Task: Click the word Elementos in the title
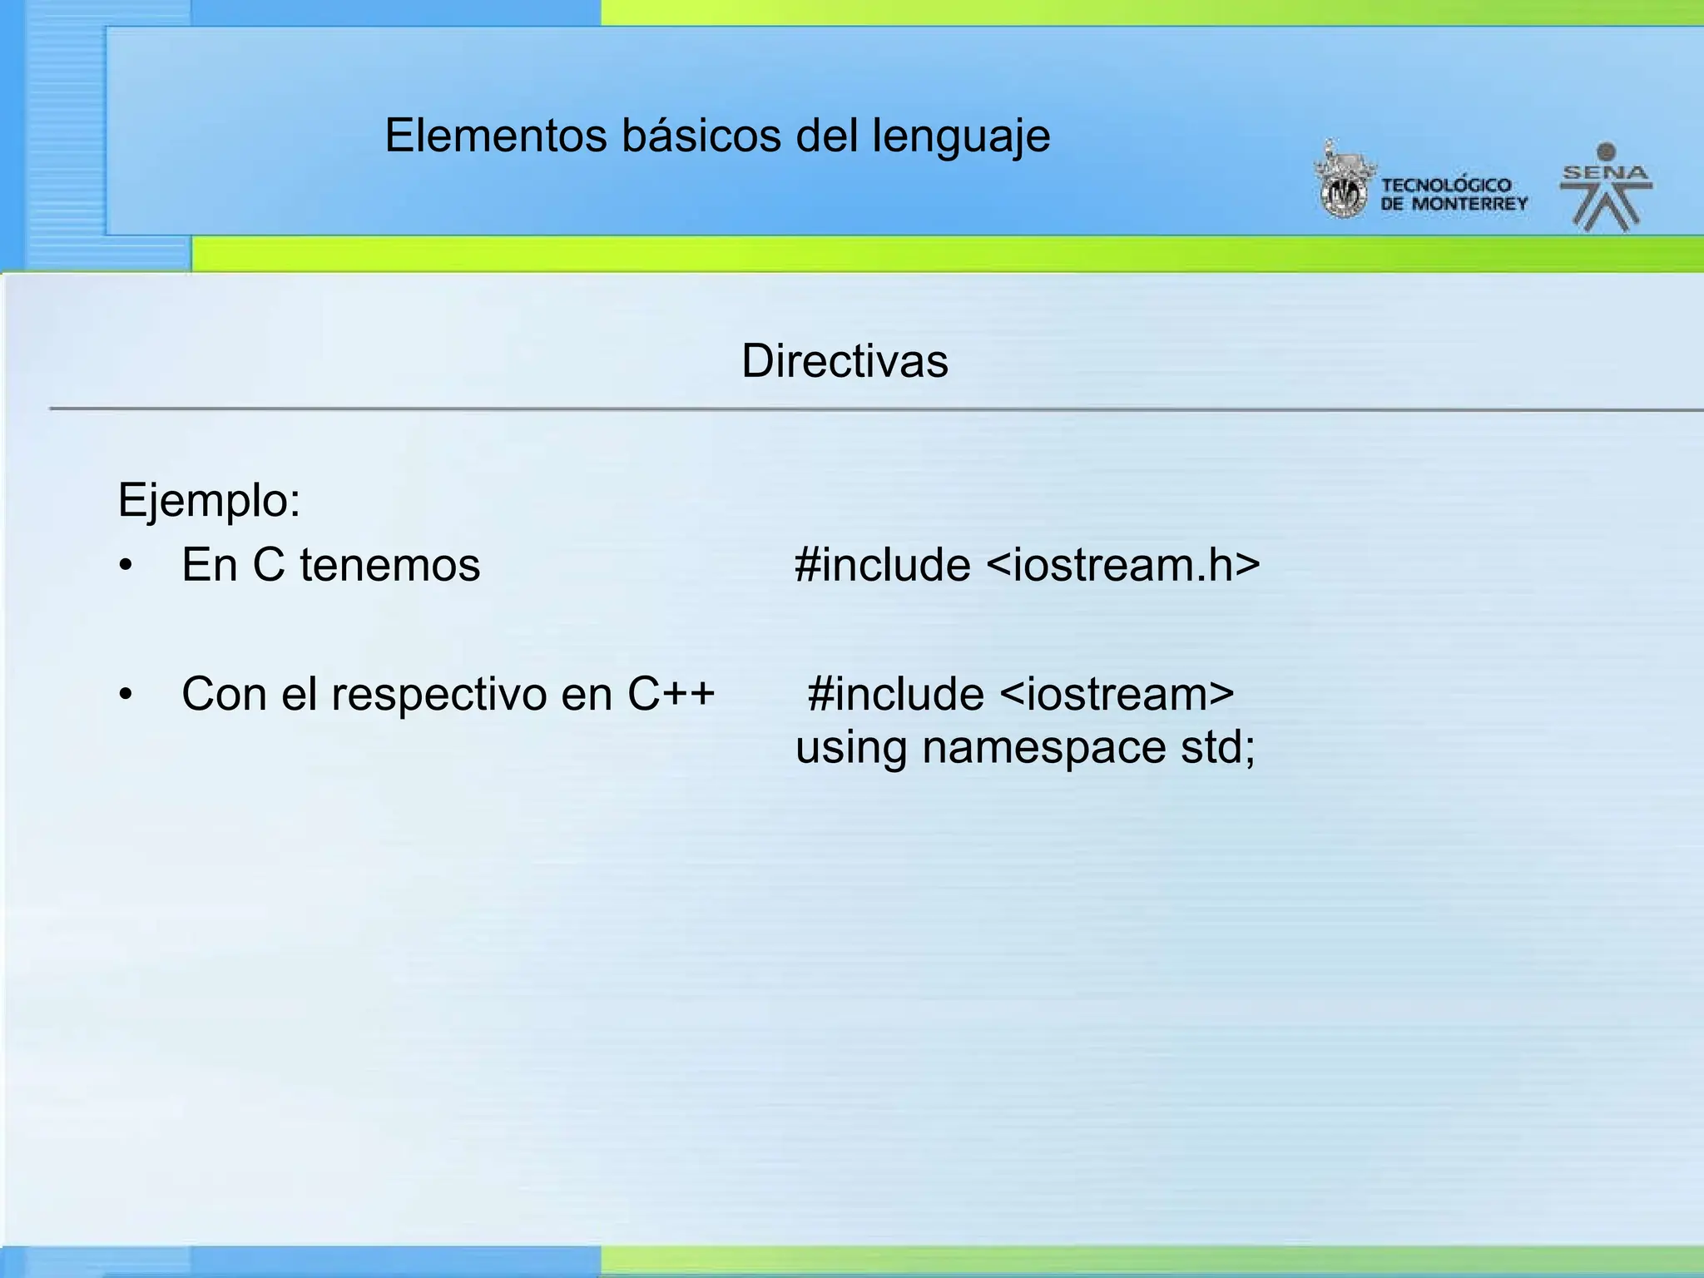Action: click(496, 136)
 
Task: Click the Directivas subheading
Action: click(845, 361)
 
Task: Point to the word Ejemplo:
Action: click(209, 501)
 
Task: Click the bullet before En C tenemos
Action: click(126, 566)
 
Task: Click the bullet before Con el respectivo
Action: click(126, 695)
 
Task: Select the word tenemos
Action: click(389, 565)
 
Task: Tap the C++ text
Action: click(671, 694)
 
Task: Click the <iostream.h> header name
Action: click(1123, 565)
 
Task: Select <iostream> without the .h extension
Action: click(1117, 694)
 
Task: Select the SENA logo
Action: click(1606, 188)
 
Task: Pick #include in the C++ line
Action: click(895, 694)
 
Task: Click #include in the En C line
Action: click(882, 565)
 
